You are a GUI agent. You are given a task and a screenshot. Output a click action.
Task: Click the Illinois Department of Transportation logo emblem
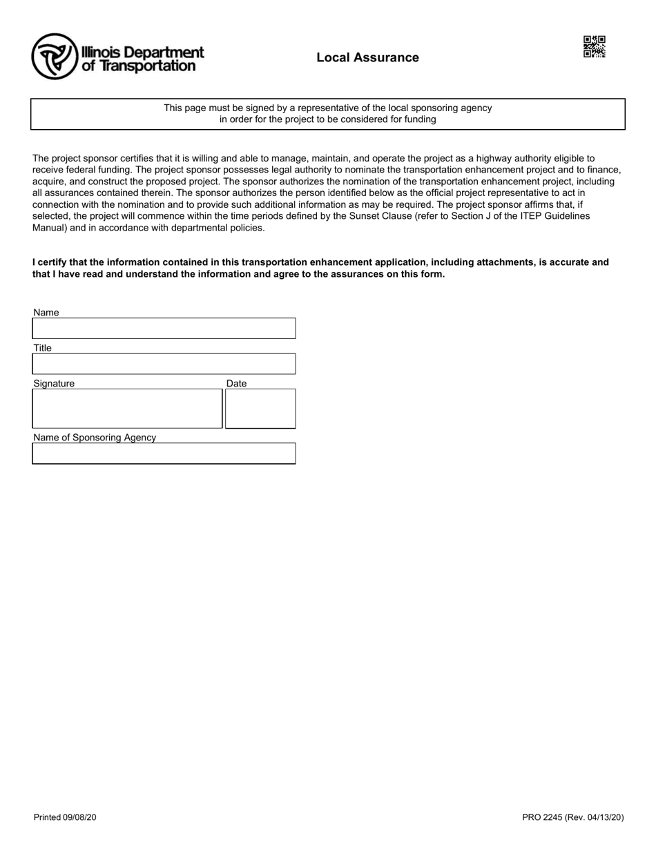pyautogui.click(x=54, y=57)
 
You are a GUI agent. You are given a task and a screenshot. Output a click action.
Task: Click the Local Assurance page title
pyautogui.click(x=367, y=57)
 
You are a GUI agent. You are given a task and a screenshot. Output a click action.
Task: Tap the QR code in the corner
pyautogui.click(x=595, y=47)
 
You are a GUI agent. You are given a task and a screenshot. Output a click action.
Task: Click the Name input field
pyautogui.click(x=164, y=329)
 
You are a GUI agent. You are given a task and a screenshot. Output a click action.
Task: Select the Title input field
pyautogui.click(x=164, y=364)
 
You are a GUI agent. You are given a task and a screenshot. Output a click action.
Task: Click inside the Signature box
pyautogui.click(x=127, y=409)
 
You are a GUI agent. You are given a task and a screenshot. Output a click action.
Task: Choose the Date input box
pyautogui.click(x=260, y=409)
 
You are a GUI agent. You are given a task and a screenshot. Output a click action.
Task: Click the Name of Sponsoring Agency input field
pyautogui.click(x=164, y=453)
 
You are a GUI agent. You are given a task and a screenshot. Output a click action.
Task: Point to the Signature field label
pyautogui.click(x=54, y=384)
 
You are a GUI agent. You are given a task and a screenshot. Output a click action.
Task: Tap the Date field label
pyautogui.click(x=236, y=384)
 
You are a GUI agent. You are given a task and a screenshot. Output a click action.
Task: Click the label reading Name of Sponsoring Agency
pyautogui.click(x=95, y=438)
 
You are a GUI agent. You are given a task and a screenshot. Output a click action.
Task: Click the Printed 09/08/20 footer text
pyautogui.click(x=65, y=818)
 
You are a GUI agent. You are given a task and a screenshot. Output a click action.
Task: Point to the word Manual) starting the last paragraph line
pyautogui.click(x=49, y=228)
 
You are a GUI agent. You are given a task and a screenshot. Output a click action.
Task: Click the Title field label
pyautogui.click(x=42, y=348)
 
